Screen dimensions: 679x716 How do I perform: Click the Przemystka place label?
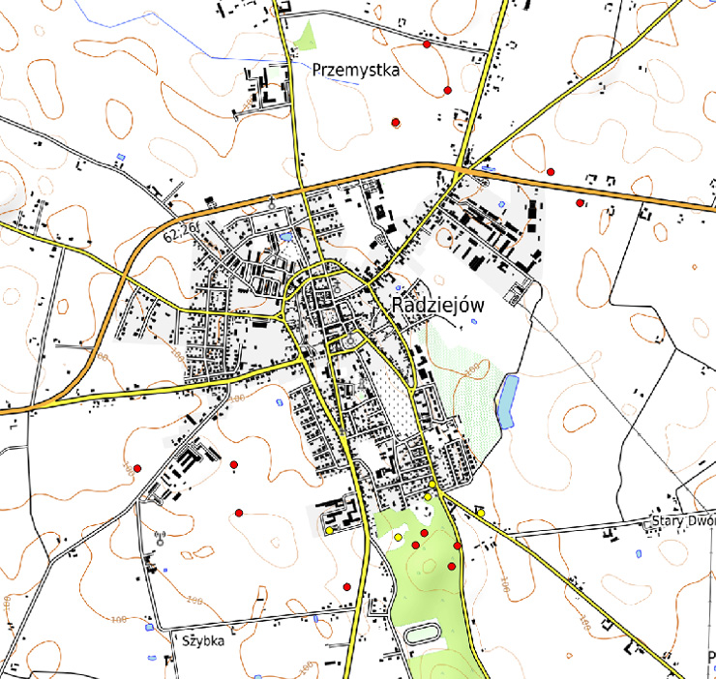(x=356, y=71)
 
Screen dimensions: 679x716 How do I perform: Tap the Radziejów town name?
(x=437, y=304)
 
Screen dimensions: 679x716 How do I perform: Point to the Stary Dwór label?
(x=684, y=522)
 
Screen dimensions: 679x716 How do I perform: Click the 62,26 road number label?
(x=180, y=233)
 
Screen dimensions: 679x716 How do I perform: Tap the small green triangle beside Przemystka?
(x=308, y=37)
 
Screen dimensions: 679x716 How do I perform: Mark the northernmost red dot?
(x=426, y=44)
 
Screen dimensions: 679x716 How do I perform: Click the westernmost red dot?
(x=137, y=468)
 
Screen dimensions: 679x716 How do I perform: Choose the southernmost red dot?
(x=346, y=586)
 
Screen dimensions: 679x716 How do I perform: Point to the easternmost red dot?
(x=580, y=203)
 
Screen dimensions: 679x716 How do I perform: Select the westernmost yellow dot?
(x=329, y=530)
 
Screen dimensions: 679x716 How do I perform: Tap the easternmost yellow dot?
(x=480, y=512)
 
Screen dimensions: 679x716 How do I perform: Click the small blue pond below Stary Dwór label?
(x=639, y=553)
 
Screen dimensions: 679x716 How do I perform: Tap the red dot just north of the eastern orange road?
(x=550, y=171)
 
